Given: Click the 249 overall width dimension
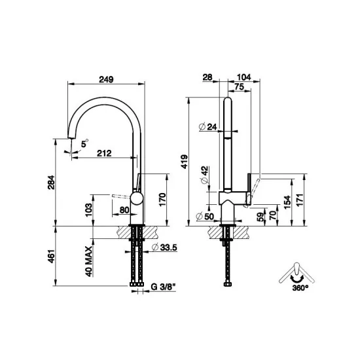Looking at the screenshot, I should (x=107, y=79).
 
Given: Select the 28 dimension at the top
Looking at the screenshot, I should (x=208, y=77).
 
